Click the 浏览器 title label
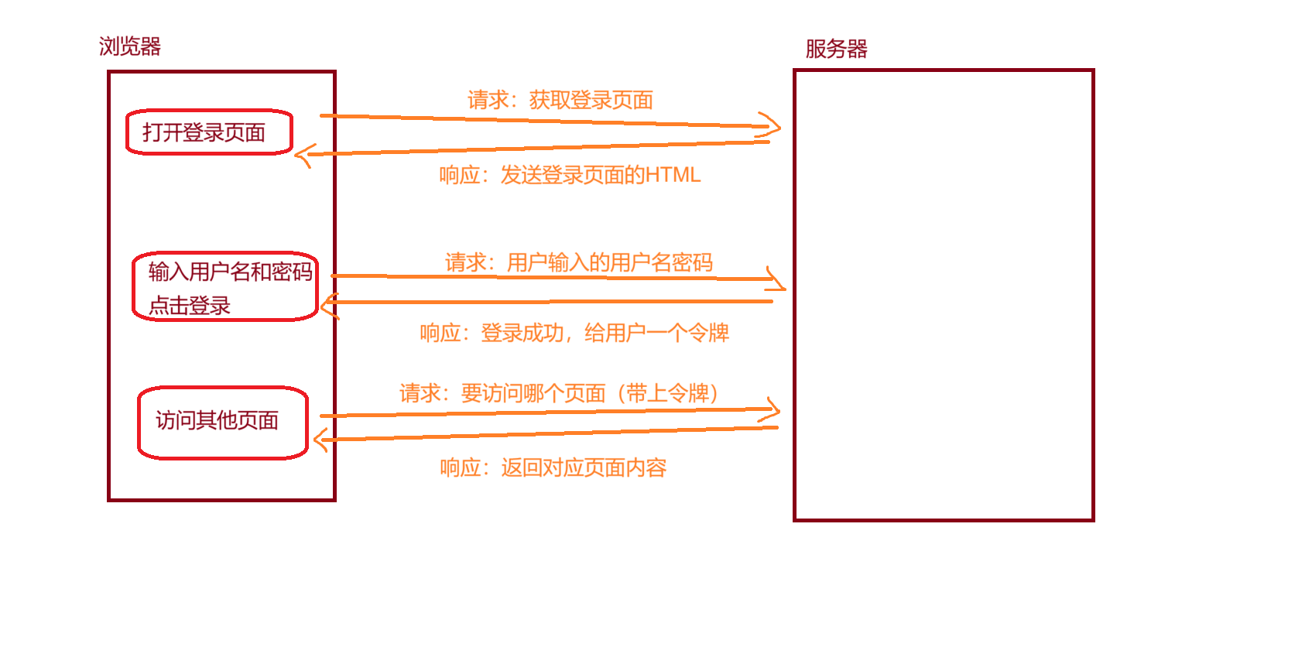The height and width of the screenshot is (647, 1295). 130,46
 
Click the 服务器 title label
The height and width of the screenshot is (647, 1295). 836,49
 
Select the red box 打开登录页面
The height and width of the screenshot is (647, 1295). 209,132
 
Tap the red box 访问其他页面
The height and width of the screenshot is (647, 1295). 223,422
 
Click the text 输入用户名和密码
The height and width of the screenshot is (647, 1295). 230,272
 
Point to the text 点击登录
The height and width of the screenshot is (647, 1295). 190,306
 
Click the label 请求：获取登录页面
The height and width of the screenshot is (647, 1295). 560,100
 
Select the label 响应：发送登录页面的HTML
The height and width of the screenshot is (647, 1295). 570,175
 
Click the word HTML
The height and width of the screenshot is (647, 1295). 673,175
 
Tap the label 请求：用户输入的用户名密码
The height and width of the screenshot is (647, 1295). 579,262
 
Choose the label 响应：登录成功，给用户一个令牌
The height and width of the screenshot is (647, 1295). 574,333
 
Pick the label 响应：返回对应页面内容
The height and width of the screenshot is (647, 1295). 553,467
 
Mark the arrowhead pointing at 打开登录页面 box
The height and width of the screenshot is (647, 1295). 302,155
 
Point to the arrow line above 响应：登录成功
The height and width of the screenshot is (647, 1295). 550,302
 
